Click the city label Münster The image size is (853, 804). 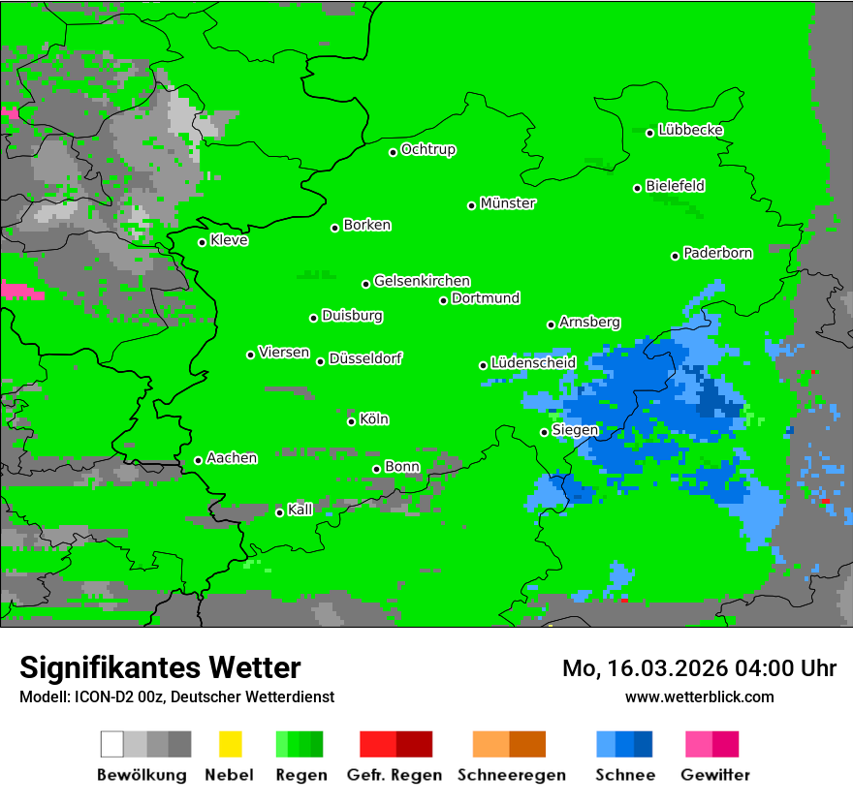(x=508, y=203)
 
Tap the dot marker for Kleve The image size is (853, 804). (x=202, y=242)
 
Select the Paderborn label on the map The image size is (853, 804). (x=717, y=253)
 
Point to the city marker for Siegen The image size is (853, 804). (x=544, y=432)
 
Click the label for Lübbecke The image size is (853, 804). (x=690, y=130)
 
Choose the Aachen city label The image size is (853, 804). (x=232, y=458)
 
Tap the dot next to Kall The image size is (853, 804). (x=279, y=512)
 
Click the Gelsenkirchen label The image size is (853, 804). (x=422, y=281)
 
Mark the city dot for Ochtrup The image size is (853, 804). (x=393, y=152)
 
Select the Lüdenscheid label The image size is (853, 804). (x=533, y=363)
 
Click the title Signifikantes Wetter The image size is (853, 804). (x=160, y=667)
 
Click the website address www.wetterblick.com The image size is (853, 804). (x=699, y=696)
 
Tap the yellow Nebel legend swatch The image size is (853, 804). (x=229, y=744)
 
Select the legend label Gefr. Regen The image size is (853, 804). (x=395, y=775)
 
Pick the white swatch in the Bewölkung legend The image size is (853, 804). (x=111, y=744)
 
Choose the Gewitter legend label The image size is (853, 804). (x=715, y=775)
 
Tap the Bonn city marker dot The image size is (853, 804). (x=376, y=470)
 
